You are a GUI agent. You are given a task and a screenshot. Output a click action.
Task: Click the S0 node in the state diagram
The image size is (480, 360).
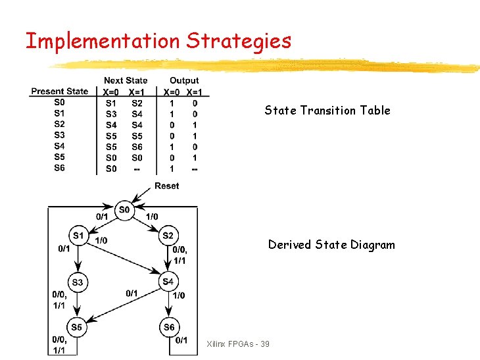[x=124, y=211]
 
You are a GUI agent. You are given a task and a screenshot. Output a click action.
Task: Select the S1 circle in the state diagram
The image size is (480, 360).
[x=78, y=235]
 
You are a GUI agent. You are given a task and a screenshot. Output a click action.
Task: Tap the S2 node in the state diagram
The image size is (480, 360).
[x=168, y=235]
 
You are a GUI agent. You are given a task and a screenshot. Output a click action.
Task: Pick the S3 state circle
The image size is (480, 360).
[x=78, y=282]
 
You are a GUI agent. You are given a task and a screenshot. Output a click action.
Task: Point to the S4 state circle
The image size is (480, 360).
[x=168, y=282]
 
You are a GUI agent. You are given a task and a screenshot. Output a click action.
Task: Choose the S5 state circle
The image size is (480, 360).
[x=78, y=327]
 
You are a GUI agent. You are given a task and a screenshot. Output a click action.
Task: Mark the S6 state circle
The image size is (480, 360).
[x=168, y=327]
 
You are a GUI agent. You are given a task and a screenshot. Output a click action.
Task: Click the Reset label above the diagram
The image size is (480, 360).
[x=166, y=186]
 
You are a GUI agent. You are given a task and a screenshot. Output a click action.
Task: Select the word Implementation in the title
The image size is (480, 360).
[x=102, y=41]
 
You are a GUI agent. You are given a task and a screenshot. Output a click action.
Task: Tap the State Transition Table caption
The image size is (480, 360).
[x=327, y=111]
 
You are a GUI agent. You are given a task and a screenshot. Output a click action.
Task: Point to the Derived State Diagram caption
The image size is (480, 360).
[x=331, y=245]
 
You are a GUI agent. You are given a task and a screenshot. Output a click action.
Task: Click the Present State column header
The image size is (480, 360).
[x=60, y=91]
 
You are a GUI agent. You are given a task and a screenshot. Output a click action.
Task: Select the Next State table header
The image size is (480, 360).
[x=126, y=81]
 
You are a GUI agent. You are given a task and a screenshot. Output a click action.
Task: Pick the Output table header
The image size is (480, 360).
[x=184, y=81]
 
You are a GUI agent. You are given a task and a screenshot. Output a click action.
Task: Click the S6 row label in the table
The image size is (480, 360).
[x=60, y=168]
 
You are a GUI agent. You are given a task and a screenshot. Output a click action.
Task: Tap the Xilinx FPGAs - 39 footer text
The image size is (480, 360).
[x=237, y=344]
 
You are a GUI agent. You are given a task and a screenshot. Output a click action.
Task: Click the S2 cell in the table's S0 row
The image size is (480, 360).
[x=137, y=103]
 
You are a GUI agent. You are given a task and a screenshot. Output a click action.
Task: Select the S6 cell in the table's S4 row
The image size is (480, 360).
[x=137, y=146]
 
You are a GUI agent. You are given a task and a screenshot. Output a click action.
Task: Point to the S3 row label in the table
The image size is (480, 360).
[x=60, y=135]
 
